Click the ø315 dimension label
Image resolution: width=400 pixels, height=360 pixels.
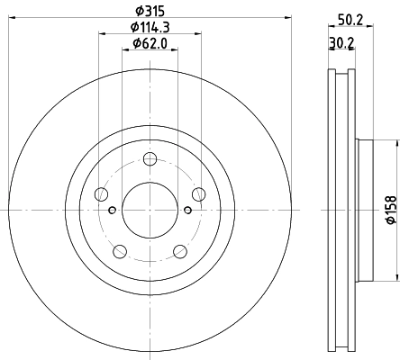(150, 10)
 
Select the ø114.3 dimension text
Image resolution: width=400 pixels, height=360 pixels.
(150, 27)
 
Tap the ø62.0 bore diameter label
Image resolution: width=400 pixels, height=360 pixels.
(150, 43)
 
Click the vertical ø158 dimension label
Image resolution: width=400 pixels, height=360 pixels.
(390, 210)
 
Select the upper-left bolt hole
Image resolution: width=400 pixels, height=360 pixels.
(101, 195)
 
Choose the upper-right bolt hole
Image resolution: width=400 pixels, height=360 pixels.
(199, 194)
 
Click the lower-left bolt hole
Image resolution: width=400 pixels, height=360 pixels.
(120, 252)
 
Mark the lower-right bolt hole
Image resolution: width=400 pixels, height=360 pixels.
(180, 252)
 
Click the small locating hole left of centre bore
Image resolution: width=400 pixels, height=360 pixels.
(112, 211)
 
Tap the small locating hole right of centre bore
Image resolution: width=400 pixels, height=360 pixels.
(187, 211)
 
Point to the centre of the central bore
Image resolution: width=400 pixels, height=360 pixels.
(150, 211)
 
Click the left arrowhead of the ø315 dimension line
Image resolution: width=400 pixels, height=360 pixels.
(11, 17)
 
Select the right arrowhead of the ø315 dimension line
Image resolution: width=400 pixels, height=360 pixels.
(289, 17)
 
